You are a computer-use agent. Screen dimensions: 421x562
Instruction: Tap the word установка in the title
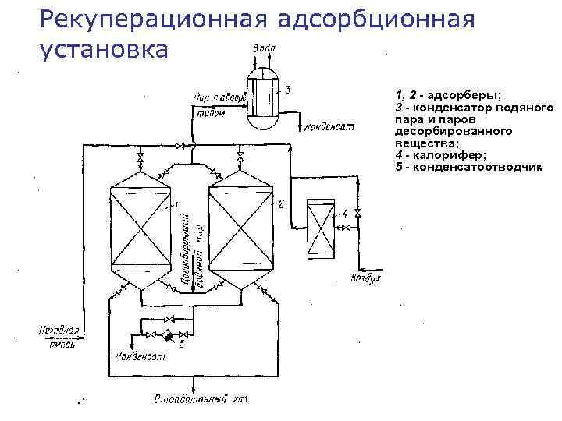point(102,49)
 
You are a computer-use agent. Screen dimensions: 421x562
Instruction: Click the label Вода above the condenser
point(263,49)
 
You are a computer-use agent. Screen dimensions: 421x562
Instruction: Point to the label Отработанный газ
point(200,400)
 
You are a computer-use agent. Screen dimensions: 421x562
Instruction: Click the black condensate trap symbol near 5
point(166,335)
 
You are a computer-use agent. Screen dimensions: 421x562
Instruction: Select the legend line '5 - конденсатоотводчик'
point(468,167)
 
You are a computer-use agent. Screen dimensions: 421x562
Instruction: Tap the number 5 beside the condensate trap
point(181,344)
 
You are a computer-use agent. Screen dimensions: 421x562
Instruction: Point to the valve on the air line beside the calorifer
point(357,214)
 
